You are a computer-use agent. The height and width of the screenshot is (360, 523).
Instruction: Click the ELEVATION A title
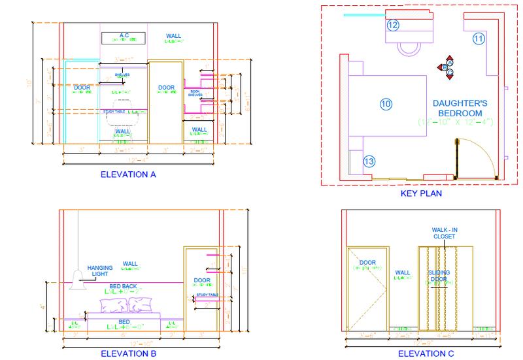click(127, 175)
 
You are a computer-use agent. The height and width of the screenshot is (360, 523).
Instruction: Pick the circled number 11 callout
click(479, 39)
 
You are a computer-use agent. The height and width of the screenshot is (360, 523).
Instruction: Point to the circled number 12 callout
click(392, 25)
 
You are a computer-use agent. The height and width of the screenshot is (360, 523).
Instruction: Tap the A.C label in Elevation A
click(123, 35)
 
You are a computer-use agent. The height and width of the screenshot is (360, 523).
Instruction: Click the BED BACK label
click(122, 287)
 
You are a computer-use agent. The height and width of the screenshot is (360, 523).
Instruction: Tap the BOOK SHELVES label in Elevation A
click(195, 93)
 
